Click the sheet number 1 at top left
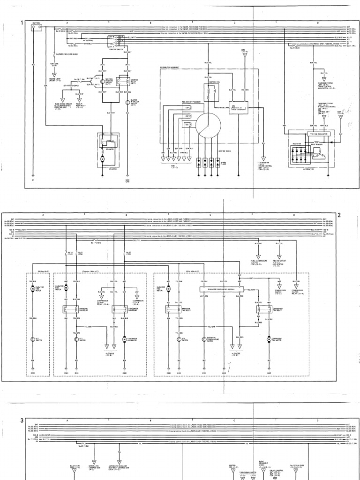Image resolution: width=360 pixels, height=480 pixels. coord(22,22)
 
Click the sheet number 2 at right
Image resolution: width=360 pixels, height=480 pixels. coord(339,215)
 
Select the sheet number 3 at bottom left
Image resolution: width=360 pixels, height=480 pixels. coord(22,420)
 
